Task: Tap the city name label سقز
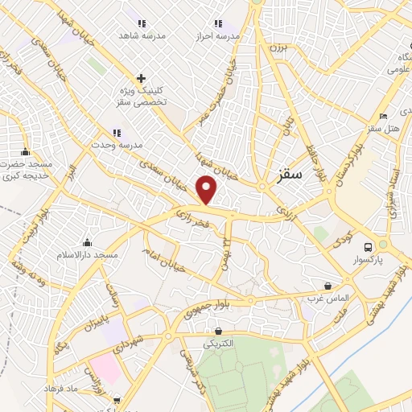[288, 172]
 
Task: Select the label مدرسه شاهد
[142, 36]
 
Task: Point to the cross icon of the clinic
[142, 78]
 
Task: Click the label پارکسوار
[369, 261]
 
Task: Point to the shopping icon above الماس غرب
[328, 286]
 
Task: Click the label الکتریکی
[218, 344]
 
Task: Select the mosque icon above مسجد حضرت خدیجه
[26, 151]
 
